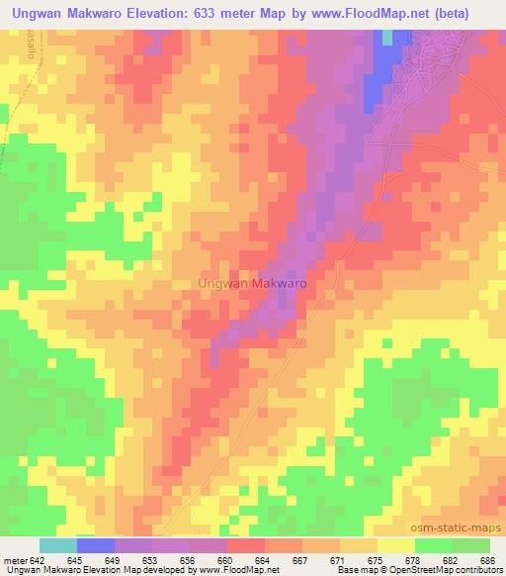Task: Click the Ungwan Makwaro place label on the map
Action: [x=252, y=282]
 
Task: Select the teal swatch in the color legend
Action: [x=58, y=545]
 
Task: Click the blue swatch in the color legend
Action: [x=96, y=545]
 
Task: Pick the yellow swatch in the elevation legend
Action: [x=396, y=545]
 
